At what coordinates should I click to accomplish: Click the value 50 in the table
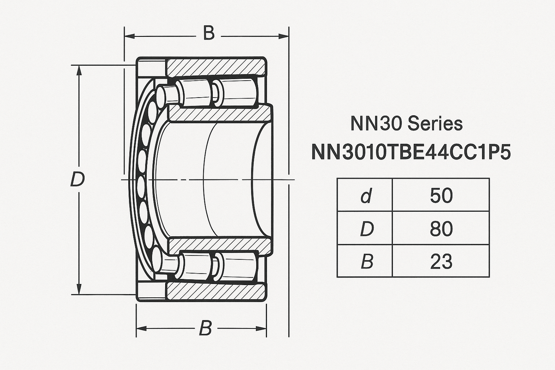pos(441,195)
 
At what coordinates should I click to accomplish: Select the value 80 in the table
pos(441,229)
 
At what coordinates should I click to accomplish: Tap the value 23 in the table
pos(441,262)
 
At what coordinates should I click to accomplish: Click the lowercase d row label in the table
pos(366,196)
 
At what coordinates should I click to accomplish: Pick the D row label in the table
pos(366,229)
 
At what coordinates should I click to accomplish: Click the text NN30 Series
pos(406,124)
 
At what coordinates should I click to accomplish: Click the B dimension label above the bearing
pos(209,33)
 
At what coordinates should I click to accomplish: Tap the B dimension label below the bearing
pos(205,329)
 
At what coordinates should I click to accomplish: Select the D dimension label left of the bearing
pos(77,179)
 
